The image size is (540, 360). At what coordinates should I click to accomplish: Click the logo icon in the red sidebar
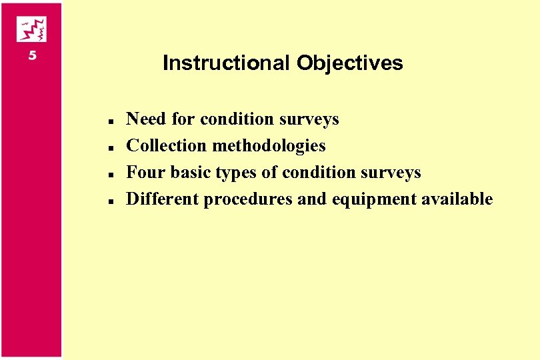pos(31,29)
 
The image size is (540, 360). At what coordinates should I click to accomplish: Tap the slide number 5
pos(32,56)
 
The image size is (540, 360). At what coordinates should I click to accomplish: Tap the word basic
pos(190,173)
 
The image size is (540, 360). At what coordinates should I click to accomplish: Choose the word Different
pos(163,199)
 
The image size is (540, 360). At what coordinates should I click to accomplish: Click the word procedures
pos(248,200)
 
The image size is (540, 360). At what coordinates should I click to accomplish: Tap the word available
pos(457,199)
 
